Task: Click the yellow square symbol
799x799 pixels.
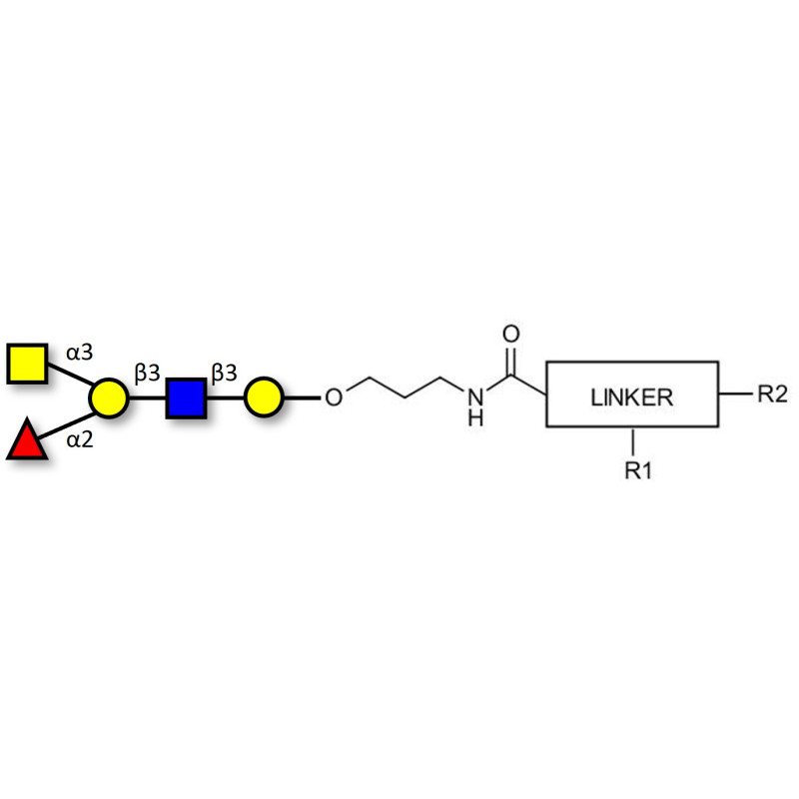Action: pyautogui.click(x=28, y=364)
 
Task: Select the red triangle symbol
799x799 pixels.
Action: pyautogui.click(x=27, y=439)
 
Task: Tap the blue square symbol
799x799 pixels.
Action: pyautogui.click(x=186, y=398)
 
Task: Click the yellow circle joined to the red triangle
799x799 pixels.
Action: pyautogui.click(x=109, y=398)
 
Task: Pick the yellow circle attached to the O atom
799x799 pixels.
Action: pyautogui.click(x=264, y=398)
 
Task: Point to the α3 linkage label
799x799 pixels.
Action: pyautogui.click(x=80, y=353)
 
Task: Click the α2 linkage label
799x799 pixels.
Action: pyautogui.click(x=80, y=439)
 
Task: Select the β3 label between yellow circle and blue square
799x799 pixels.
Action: pyautogui.click(x=147, y=374)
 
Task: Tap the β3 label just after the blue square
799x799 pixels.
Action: pyautogui.click(x=224, y=374)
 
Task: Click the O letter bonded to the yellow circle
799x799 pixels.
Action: pyautogui.click(x=334, y=398)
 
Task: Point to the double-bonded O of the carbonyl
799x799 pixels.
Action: pyautogui.click(x=511, y=334)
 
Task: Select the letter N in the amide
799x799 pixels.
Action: pyautogui.click(x=475, y=398)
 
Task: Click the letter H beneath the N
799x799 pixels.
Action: pyautogui.click(x=475, y=417)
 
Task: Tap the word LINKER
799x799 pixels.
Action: pyautogui.click(x=632, y=398)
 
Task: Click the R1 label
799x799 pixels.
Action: pyautogui.click(x=638, y=470)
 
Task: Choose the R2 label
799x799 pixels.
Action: pyautogui.click(x=772, y=394)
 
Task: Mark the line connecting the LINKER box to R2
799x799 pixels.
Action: pyautogui.click(x=735, y=394)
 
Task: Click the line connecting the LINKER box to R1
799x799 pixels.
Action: pyautogui.click(x=633, y=441)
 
